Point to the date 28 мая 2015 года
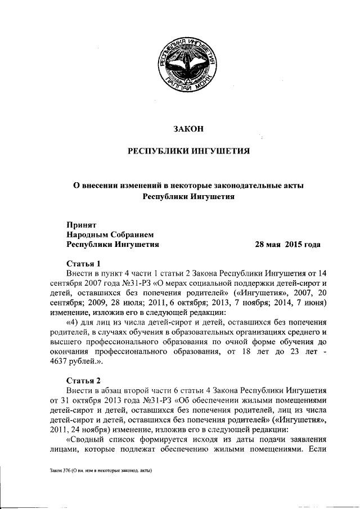tap(287, 245)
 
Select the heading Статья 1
tap(83, 263)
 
